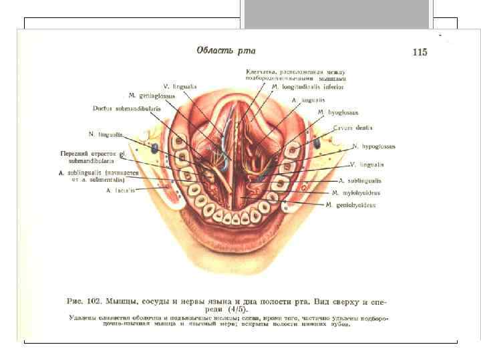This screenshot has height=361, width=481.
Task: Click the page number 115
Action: (420, 52)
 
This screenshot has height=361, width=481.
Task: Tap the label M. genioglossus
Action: (152, 96)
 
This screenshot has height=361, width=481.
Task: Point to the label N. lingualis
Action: (106, 134)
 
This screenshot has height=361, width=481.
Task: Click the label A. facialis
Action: (120, 190)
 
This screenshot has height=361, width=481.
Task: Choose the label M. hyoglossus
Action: (338, 112)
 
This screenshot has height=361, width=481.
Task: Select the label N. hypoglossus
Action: (373, 146)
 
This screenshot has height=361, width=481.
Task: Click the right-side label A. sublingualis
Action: (360, 180)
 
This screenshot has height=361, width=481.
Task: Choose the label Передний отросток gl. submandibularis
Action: (93, 156)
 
